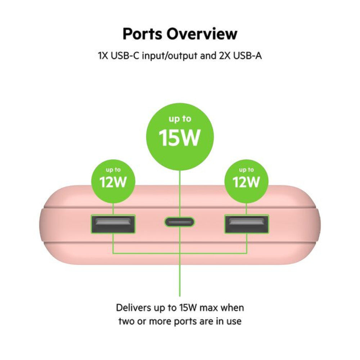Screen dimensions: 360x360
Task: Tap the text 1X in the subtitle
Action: [103, 56]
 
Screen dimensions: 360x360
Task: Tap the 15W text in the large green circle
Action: [180, 138]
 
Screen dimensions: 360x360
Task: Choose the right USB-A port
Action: [247, 225]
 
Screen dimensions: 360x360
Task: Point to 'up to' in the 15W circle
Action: [180, 120]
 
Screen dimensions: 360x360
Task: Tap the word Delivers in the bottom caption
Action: [131, 308]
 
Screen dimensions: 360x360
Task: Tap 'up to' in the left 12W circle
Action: [113, 170]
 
